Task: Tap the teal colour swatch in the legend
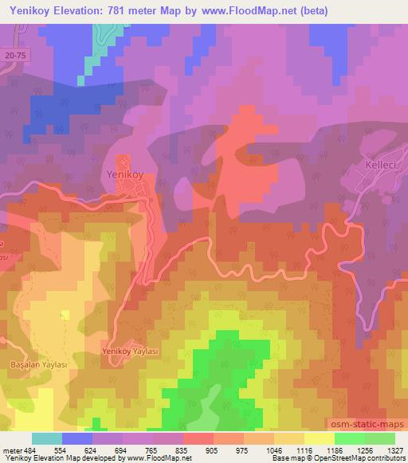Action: [48, 438]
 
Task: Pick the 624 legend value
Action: [88, 450]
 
